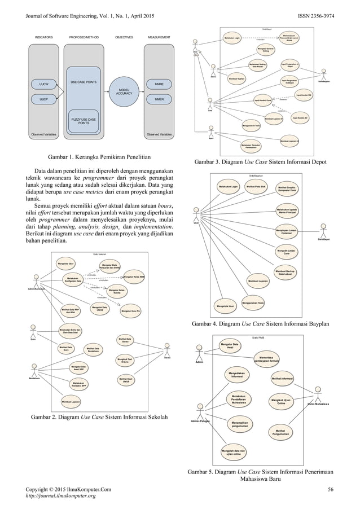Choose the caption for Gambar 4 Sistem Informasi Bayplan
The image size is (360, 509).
(268, 324)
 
